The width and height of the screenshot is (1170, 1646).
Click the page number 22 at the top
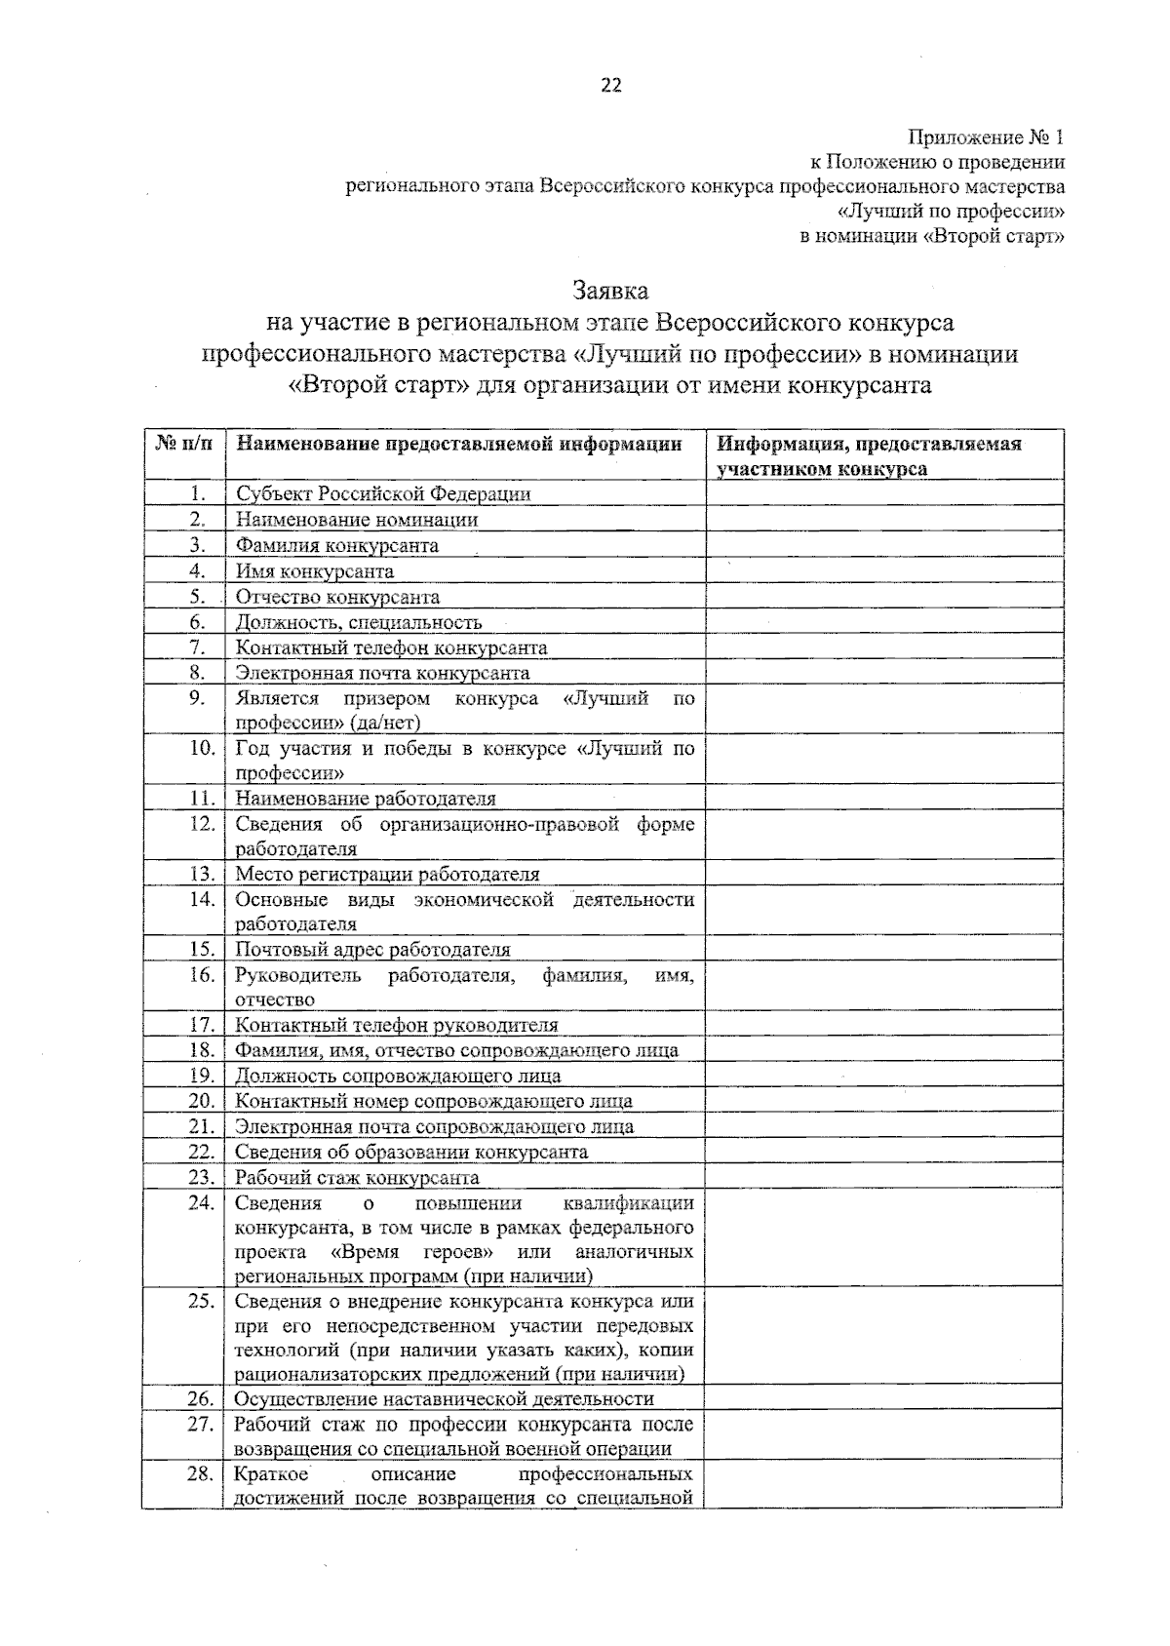610,86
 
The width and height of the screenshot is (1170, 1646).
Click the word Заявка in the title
610,291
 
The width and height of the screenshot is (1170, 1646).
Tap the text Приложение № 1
988,137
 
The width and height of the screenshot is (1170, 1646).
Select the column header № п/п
183,445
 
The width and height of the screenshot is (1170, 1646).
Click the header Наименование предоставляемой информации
459,445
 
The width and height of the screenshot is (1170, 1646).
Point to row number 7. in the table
197,647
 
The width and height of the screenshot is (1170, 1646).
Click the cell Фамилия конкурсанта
337,546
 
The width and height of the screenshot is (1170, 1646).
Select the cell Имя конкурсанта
315,571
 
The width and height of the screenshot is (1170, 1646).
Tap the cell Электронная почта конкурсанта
382,673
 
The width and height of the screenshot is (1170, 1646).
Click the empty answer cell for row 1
883,493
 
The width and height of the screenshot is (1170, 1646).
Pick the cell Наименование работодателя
366,799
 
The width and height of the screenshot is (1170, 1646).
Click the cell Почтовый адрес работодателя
372,950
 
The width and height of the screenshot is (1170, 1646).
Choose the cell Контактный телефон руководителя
397,1025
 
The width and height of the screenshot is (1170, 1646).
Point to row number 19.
201,1076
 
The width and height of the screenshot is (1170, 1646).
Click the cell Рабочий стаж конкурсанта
357,1177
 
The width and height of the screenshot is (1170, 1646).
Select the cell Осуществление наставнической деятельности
444,1399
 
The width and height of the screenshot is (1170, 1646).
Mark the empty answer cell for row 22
883,1152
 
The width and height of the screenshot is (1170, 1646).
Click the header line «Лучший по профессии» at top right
952,212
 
